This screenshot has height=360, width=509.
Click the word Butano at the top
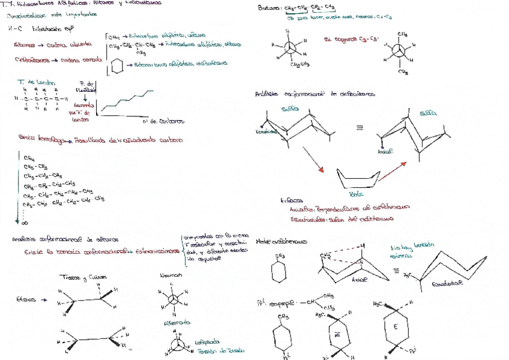[268, 8]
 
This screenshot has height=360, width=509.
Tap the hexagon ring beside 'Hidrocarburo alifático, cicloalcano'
[117, 65]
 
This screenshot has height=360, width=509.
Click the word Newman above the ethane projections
[170, 276]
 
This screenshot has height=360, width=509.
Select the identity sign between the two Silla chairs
[359, 128]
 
